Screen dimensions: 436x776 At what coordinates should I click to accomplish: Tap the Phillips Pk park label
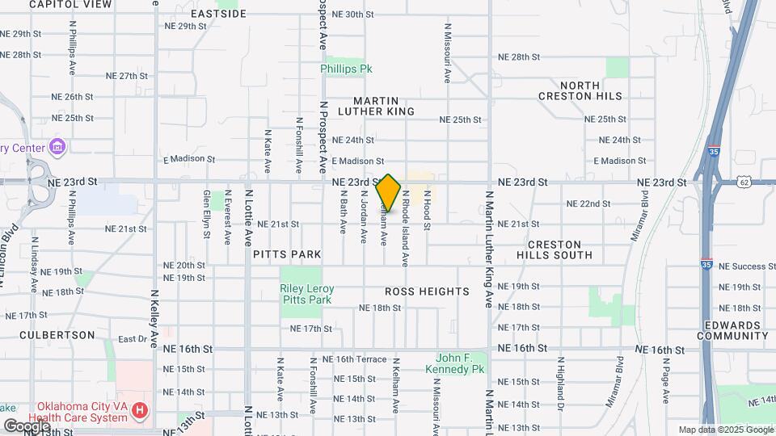click(345, 69)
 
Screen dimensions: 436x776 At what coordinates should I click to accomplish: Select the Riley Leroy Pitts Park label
click(306, 294)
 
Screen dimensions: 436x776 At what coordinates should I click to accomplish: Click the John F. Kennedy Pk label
click(460, 363)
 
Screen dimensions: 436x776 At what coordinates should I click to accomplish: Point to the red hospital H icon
click(141, 412)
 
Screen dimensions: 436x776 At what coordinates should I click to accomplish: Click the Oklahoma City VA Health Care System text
click(81, 412)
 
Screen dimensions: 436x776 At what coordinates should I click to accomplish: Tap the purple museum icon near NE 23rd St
click(57, 147)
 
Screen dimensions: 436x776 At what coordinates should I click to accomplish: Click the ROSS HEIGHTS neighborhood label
click(427, 291)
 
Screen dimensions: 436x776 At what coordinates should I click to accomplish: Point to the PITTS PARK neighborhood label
click(287, 254)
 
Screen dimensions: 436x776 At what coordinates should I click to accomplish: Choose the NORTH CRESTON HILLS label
click(580, 90)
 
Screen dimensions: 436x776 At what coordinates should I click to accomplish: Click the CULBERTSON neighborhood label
click(57, 334)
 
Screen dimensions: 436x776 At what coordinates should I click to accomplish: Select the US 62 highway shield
click(744, 182)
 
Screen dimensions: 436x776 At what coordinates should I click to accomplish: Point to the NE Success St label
click(747, 266)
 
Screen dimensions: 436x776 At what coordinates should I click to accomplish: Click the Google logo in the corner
click(26, 426)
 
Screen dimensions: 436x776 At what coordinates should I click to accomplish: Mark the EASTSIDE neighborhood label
click(218, 15)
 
